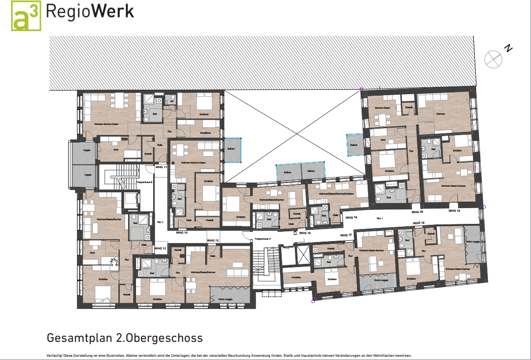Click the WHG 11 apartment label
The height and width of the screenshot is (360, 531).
point(161,167)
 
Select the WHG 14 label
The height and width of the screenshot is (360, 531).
point(181,232)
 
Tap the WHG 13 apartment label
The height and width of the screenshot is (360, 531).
point(213,240)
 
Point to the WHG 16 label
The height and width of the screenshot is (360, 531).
point(351,217)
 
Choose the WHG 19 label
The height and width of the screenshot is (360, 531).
point(454,211)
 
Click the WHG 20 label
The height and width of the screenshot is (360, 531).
point(417,212)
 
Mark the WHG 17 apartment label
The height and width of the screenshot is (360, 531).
point(346,235)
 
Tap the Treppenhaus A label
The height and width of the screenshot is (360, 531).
point(262,239)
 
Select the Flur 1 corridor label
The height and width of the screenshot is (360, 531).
point(379,218)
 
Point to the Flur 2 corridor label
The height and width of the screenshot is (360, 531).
point(161,222)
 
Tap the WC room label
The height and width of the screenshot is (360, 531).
point(172,101)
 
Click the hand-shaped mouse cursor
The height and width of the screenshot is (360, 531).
point(114,262)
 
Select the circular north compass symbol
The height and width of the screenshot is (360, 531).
point(492,59)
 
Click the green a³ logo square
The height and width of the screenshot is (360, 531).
point(26,16)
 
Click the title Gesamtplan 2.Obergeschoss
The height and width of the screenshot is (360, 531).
point(125,337)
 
